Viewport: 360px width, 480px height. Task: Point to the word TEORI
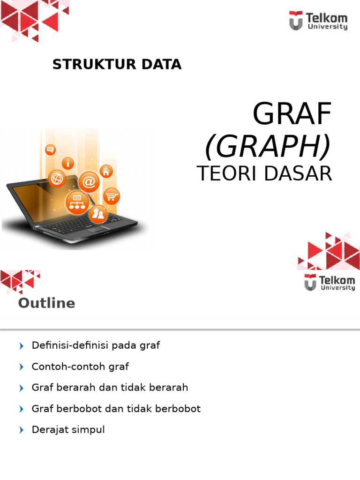pos(223,174)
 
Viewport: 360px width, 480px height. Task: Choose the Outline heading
pos(46,303)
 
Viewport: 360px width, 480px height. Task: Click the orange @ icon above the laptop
pos(89,181)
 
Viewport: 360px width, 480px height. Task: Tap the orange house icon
pos(106,171)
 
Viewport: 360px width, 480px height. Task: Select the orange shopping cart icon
pos(112,196)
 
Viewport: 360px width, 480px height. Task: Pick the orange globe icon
pos(57,179)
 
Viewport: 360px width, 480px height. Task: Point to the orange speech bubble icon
pos(50,150)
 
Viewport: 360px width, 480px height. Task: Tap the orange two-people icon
pos(99,214)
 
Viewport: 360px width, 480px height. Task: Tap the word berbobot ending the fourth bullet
pos(180,409)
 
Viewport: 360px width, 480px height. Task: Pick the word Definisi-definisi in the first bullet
pos(61,345)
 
